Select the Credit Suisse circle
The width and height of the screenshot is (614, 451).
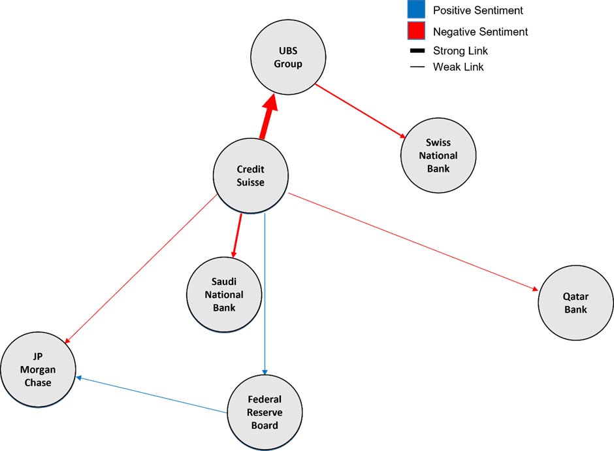click(251, 176)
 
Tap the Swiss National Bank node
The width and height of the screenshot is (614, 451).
click(438, 156)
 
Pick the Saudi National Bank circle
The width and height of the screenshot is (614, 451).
click(224, 294)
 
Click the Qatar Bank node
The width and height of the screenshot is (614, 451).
click(575, 303)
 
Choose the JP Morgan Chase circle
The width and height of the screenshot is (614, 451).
click(37, 369)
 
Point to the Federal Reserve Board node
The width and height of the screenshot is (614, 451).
click(265, 412)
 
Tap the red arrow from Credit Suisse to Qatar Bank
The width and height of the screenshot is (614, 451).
click(412, 241)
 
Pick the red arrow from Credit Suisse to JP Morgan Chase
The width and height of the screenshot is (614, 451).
click(140, 269)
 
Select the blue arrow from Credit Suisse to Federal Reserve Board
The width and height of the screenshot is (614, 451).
click(265, 294)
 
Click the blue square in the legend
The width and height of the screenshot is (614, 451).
click(415, 10)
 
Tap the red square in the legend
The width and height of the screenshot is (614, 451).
click(415, 30)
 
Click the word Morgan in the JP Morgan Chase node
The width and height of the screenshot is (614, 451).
click(37, 370)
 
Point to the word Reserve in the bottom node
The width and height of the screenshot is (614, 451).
click(265, 412)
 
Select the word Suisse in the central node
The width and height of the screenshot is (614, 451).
click(251, 182)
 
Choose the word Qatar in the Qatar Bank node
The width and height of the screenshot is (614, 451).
click(575, 297)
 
